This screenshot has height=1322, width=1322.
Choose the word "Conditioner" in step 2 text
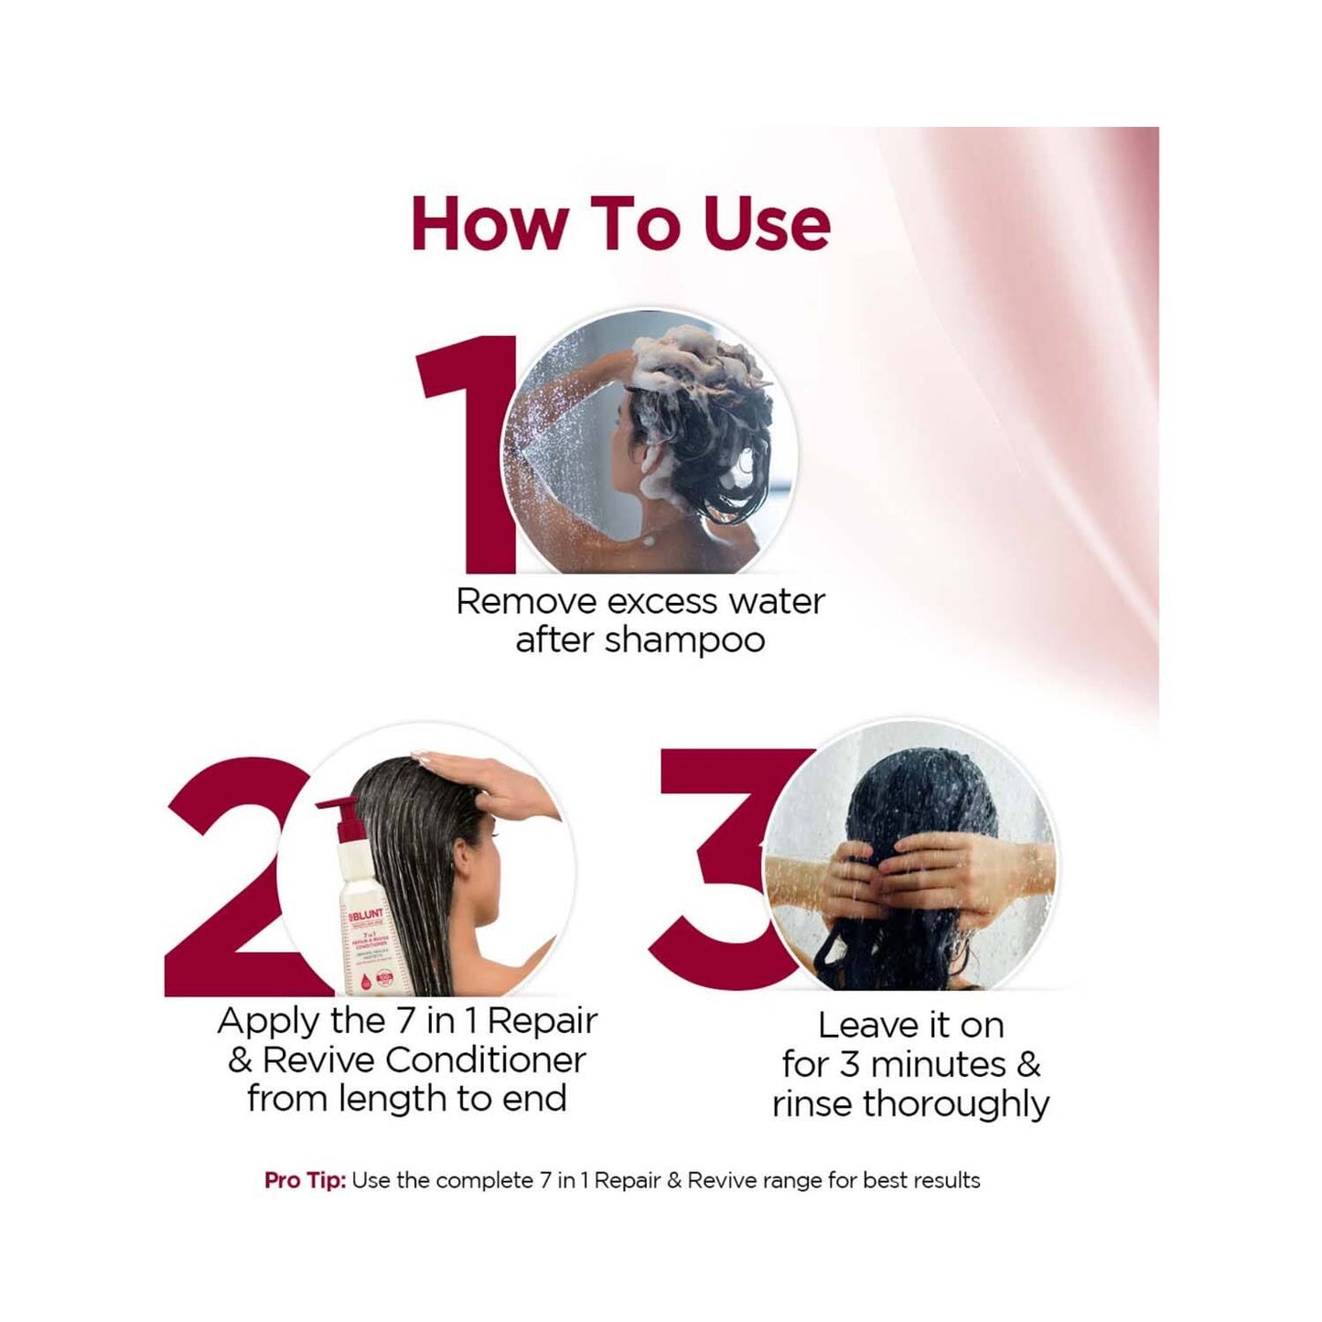[x=485, y=1059]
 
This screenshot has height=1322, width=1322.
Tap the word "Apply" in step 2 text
[x=267, y=1021]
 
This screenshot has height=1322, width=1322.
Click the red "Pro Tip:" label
[x=305, y=1181]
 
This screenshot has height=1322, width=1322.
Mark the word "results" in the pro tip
[x=946, y=1181]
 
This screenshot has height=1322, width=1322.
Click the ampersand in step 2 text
[x=240, y=1060]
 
